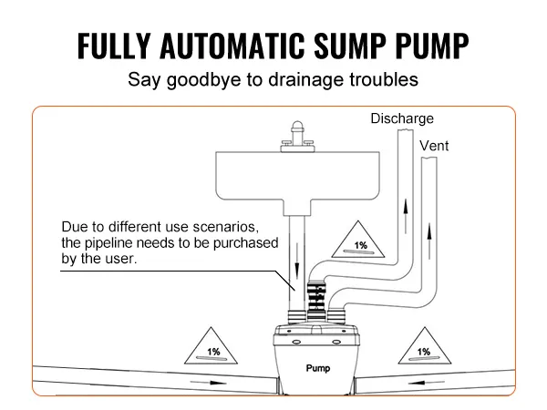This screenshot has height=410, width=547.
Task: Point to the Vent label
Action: tap(433, 146)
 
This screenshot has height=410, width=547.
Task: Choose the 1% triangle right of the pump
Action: tap(423, 347)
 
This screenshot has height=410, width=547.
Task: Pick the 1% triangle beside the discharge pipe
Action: tap(361, 241)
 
